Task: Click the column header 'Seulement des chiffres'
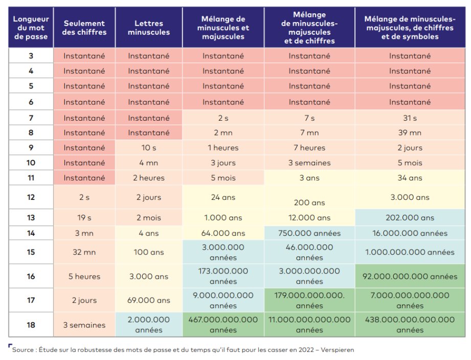point(84,28)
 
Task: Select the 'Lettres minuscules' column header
point(148,28)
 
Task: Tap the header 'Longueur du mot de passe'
point(31,28)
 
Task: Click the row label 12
point(31,197)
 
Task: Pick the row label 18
point(31,325)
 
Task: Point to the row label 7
point(31,118)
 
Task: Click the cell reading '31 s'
point(410,118)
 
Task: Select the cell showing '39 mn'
point(410,133)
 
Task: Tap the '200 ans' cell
point(309,202)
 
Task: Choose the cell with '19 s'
point(84,217)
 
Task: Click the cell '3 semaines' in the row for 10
point(309,163)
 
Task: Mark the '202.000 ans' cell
point(410,217)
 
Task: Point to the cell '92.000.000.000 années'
point(410,276)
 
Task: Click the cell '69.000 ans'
point(148,300)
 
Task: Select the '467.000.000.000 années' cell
point(223,325)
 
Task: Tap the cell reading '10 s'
point(148,148)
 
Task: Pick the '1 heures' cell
point(223,148)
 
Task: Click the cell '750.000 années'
point(309,233)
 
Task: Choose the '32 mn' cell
point(84,252)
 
